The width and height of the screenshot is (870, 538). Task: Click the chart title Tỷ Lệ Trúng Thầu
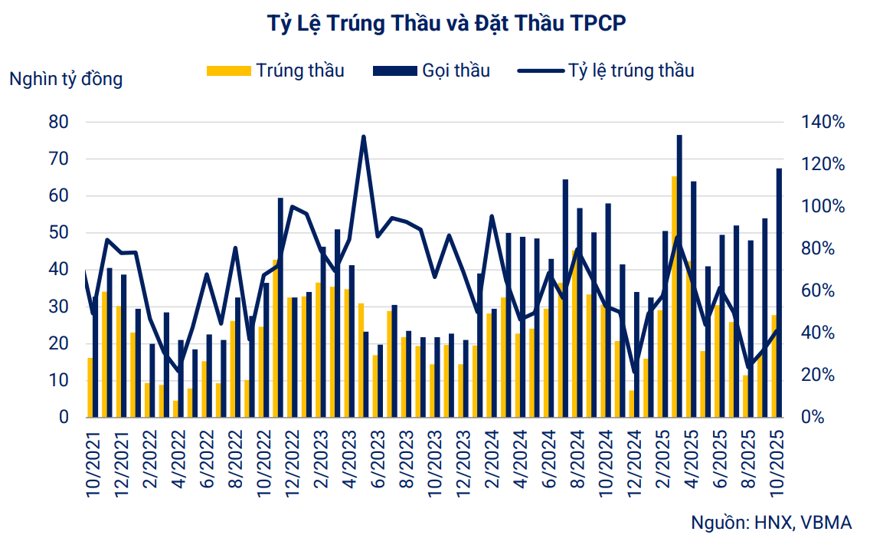tap(434, 23)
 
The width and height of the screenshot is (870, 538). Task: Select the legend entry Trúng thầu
tap(276, 71)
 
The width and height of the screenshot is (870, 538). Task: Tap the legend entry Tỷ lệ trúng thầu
tap(605, 71)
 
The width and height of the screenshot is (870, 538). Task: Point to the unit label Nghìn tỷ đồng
tap(66, 78)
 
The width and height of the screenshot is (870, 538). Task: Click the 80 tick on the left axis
tap(59, 122)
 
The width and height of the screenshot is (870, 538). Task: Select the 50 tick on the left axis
tap(59, 232)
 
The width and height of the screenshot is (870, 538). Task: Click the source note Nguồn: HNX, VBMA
tap(771, 523)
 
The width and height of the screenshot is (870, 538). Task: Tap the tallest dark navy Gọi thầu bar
tap(679, 276)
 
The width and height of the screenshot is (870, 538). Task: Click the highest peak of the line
tap(363, 137)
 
